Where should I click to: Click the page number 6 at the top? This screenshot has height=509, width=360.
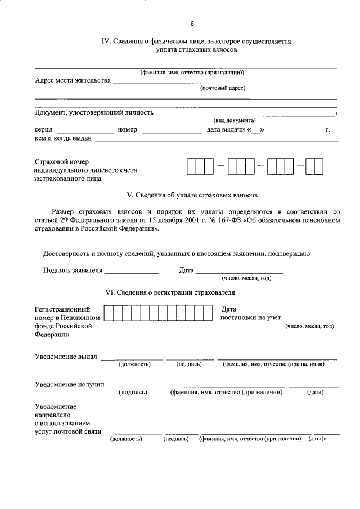coord(192,24)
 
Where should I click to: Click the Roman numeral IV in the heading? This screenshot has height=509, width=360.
coord(105,42)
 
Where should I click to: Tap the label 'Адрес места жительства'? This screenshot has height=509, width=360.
coord(73,80)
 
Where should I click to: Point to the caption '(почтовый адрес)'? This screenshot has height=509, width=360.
coord(223,88)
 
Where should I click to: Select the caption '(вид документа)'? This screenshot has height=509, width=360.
coord(234,120)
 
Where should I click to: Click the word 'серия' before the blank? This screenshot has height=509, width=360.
coord(43,130)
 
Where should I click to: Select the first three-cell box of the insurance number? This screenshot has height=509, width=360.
coord(200,167)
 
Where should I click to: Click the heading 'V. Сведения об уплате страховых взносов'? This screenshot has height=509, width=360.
coord(192,195)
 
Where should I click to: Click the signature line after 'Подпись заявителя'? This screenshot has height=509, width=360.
coord(132,272)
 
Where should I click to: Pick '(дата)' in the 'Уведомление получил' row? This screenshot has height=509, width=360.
coord(314,393)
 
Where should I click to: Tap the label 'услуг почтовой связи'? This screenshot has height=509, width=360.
coord(67,431)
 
